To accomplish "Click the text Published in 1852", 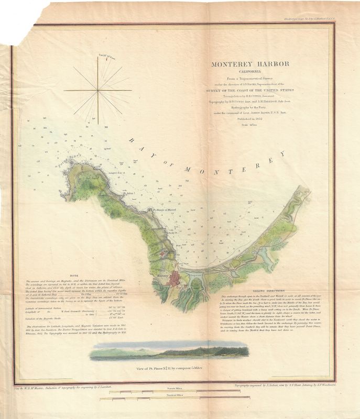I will pyautogui.click(x=247, y=119).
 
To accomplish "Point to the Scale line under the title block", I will pyautogui.click(x=248, y=125).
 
